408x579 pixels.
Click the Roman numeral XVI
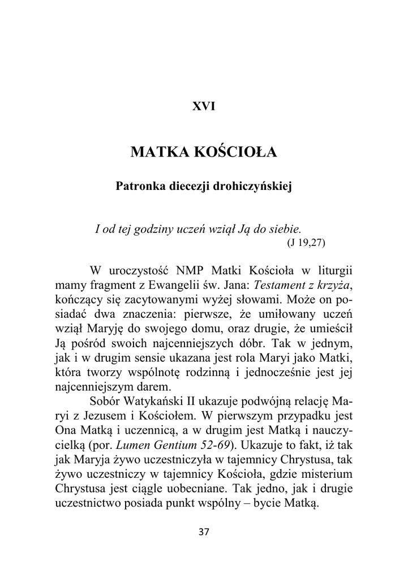(x=204, y=106)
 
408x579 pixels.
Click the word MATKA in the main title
(x=159, y=153)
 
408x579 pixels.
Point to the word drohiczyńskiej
(x=254, y=186)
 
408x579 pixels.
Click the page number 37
(x=204, y=532)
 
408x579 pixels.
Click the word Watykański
(x=152, y=402)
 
